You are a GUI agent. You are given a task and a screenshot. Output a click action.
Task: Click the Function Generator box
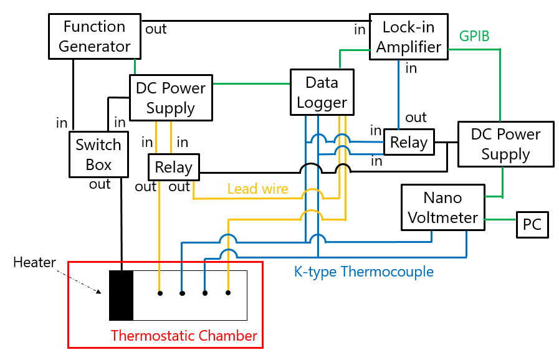coord(94,36)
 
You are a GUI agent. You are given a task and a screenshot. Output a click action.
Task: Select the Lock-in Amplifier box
coord(409,37)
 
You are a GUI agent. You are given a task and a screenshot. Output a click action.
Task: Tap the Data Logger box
coord(322,92)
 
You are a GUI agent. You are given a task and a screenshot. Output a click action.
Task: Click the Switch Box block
coord(98,154)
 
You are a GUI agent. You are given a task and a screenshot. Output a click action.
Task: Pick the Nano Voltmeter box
coord(442,207)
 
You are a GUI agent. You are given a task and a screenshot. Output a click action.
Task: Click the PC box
coord(532,224)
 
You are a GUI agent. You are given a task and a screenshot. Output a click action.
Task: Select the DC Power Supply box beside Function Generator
coord(170,98)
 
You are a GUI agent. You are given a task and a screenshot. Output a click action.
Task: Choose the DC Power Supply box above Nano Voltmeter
coord(505,144)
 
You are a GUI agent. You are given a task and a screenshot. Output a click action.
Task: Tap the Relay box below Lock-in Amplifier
coord(409,143)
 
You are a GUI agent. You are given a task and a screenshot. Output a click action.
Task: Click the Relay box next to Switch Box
coord(173,167)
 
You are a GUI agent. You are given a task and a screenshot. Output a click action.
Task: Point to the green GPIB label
coord(474,36)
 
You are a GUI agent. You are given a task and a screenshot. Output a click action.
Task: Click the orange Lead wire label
coord(257,189)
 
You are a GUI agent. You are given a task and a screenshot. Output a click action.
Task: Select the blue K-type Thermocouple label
coord(363,272)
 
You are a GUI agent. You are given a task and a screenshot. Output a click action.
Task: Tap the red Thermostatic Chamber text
coord(184,336)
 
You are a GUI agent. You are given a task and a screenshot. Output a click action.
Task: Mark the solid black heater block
coord(121,295)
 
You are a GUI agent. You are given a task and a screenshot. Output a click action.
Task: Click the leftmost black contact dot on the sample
coord(160,293)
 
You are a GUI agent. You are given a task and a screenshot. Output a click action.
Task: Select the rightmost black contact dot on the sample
coord(228,293)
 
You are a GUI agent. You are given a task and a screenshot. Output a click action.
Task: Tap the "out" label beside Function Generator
coord(156,29)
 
